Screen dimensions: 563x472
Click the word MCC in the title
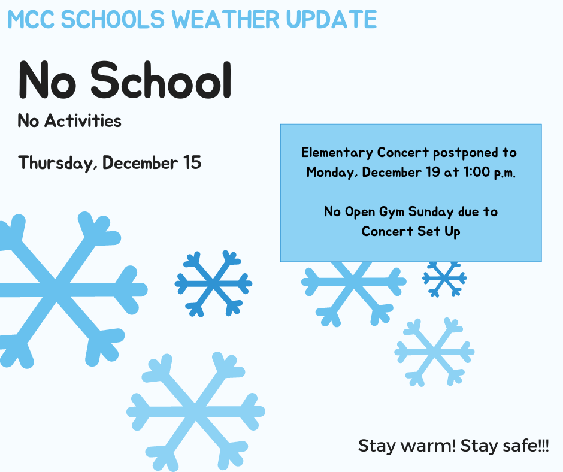(x=31, y=19)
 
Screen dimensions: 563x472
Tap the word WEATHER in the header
(x=226, y=19)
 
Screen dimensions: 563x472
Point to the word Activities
(x=83, y=120)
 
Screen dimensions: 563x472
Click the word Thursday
(x=58, y=163)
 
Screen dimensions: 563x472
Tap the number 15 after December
(x=192, y=162)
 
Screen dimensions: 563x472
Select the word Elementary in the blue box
(x=337, y=153)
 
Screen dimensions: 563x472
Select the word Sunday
(x=431, y=212)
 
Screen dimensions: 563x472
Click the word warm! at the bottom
(x=428, y=446)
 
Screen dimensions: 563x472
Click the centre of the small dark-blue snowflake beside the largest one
(x=214, y=284)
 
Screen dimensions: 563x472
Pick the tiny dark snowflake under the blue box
(x=444, y=278)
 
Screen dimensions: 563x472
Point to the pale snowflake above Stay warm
(x=434, y=352)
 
